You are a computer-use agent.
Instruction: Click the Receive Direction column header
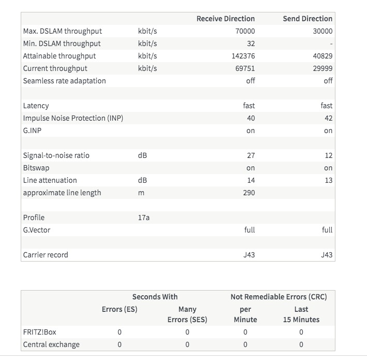pyautogui.click(x=225, y=19)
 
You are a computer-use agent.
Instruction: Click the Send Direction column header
pyautogui.click(x=307, y=19)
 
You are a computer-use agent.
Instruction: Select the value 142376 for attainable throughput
pyautogui.click(x=243, y=56)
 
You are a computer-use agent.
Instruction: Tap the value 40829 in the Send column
pyautogui.click(x=322, y=56)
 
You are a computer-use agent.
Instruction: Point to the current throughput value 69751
pyautogui.click(x=244, y=68)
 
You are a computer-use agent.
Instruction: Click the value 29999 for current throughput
pyautogui.click(x=322, y=68)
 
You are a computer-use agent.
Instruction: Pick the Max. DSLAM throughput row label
pyautogui.click(x=62, y=31)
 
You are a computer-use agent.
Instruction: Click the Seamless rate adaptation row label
pyautogui.click(x=64, y=81)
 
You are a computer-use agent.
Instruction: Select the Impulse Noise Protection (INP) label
pyautogui.click(x=73, y=118)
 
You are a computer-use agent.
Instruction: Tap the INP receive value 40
pyautogui.click(x=251, y=118)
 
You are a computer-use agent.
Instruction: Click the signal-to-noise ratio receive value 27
pyautogui.click(x=251, y=155)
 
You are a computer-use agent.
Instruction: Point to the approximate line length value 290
pyautogui.click(x=248, y=193)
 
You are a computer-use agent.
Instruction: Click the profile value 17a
pyautogui.click(x=143, y=218)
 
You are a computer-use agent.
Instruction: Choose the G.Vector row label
pyautogui.click(x=37, y=230)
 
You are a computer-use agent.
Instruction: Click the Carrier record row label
pyautogui.click(x=46, y=255)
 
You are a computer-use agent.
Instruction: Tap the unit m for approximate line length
pyautogui.click(x=141, y=193)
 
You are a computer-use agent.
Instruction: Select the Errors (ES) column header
pyautogui.click(x=120, y=310)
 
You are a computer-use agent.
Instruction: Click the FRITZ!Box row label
pyautogui.click(x=39, y=332)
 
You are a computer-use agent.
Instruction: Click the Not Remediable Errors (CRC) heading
pyautogui.click(x=278, y=297)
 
